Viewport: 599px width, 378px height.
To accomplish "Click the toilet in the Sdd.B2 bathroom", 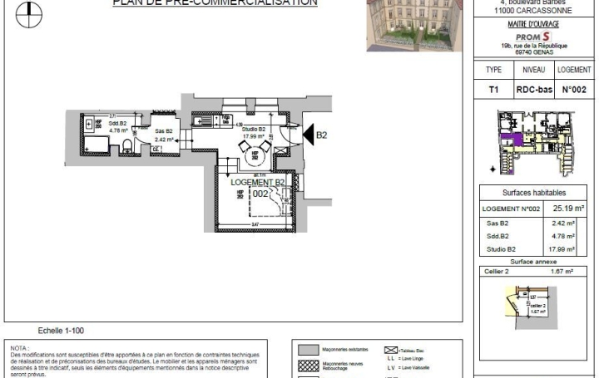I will pyautogui.click(x=126, y=146).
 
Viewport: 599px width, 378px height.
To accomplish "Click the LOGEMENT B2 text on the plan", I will pyautogui.click(x=258, y=183).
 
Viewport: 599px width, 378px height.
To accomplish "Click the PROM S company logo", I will pyautogui.click(x=532, y=37).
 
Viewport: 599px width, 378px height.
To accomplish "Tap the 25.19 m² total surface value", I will pyautogui.click(x=570, y=209).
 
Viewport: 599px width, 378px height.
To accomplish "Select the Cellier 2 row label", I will pyautogui.click(x=499, y=271).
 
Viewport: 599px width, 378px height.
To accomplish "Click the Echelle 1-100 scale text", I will pyautogui.click(x=61, y=331).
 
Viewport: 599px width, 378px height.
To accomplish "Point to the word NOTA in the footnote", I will pyautogui.click(x=19, y=348).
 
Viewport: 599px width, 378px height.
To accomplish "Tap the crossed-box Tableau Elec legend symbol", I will pyautogui.click(x=389, y=351).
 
